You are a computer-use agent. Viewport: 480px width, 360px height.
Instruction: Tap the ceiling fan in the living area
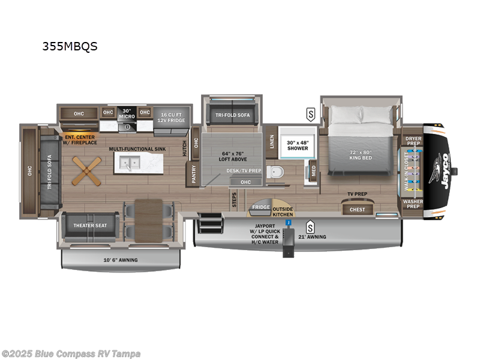[x=83, y=170]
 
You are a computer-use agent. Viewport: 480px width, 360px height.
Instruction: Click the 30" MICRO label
[x=126, y=112]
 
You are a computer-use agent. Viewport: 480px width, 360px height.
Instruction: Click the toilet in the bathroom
[x=275, y=173]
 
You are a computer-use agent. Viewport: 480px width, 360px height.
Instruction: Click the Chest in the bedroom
[x=357, y=209]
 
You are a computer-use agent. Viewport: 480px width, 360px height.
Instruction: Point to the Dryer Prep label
[x=413, y=140]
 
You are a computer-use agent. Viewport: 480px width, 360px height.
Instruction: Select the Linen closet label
[x=272, y=142]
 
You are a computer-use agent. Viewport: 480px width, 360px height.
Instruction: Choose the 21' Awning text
[x=331, y=237]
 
